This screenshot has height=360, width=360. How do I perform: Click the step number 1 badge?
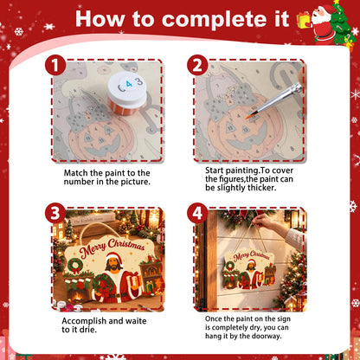click(55, 65)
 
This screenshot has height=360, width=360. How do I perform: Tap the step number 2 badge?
click(197, 65)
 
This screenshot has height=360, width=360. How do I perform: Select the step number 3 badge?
click(55, 213)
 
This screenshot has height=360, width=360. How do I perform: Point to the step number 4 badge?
click(197, 213)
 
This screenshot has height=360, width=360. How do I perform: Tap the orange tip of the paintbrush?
click(248, 117)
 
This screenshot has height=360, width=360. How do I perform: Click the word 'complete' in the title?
click(225, 20)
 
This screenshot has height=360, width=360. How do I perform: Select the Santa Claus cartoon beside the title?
click(324, 23)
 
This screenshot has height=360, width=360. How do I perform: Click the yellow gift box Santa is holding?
click(304, 20)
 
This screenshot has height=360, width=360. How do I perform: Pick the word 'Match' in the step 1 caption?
click(76, 173)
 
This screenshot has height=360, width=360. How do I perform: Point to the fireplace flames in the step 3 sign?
click(78, 296)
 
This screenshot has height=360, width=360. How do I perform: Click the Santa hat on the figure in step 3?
click(114, 256)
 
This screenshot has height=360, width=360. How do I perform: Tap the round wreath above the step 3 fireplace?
click(74, 265)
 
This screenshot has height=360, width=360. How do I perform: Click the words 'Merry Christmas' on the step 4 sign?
click(251, 255)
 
